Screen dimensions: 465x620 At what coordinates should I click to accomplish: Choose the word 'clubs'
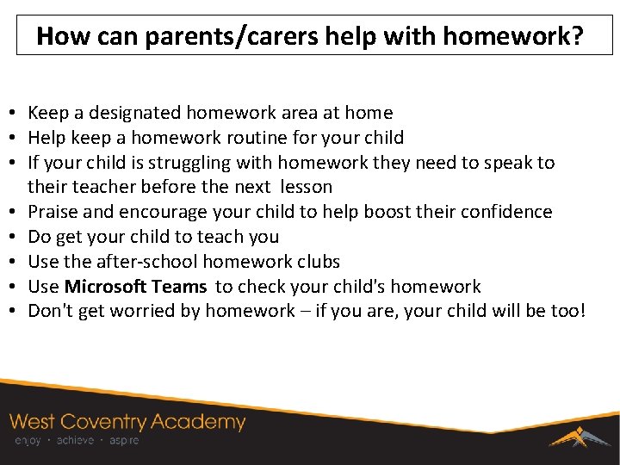tap(317, 262)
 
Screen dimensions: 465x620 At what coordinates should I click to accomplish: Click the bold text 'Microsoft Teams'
tap(135, 287)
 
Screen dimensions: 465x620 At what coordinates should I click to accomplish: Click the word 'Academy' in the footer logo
tap(199, 422)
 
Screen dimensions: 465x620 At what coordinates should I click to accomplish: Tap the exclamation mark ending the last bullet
tap(581, 311)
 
